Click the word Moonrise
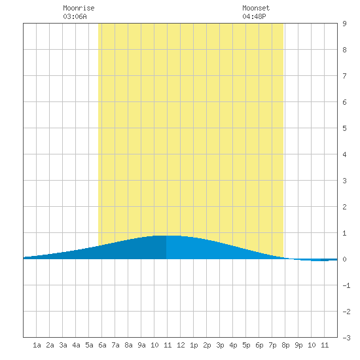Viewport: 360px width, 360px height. point(79,9)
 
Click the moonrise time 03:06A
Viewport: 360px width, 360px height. point(75,16)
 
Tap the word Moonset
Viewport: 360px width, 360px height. point(256,9)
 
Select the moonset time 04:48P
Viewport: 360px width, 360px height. point(254,16)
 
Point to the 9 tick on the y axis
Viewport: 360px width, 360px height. point(344,24)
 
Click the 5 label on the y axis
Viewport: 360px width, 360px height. point(344,128)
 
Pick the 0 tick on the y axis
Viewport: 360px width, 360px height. point(344,259)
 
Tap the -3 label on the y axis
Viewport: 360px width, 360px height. point(346,338)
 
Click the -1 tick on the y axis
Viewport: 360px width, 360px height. point(346,285)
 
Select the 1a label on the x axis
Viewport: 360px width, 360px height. point(37,345)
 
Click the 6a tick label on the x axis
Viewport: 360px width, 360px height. point(102,345)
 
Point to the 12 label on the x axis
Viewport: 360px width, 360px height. point(181,345)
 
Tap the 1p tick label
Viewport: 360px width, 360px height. point(194,345)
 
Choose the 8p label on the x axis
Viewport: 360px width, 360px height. point(285,345)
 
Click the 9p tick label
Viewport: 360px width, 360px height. point(298,345)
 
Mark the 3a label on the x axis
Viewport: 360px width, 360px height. point(63,345)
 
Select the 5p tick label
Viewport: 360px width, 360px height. point(246,345)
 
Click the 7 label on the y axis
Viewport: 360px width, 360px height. point(344,76)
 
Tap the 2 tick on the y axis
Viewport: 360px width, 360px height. point(344,207)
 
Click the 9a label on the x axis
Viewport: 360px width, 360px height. point(141,345)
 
